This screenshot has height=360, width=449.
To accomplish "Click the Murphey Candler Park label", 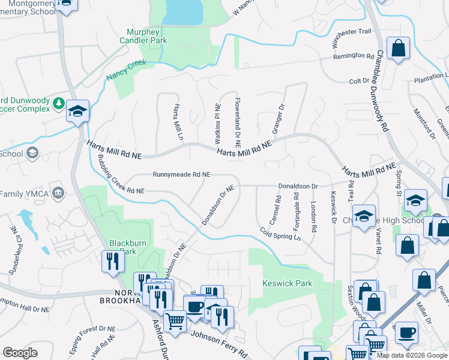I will click(147, 36).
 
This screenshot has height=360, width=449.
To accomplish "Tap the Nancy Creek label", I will click(126, 70).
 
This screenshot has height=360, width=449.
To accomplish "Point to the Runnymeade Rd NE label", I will click(181, 175).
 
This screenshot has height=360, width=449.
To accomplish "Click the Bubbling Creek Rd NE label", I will click(121, 175).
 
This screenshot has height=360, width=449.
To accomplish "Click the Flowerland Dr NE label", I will click(238, 123).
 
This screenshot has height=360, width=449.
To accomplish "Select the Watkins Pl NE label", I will click(218, 123).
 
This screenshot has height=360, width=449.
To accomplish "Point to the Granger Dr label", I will click(278, 119).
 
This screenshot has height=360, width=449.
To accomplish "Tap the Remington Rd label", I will click(354, 56).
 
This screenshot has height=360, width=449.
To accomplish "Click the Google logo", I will click(20, 352).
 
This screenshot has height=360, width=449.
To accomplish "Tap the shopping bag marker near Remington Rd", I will click(398, 47).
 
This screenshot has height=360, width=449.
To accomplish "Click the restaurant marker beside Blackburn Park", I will click(112, 260).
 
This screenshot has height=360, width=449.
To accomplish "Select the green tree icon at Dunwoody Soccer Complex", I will click(59, 103).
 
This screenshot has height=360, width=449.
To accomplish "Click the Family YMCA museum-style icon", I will click(58, 193).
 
